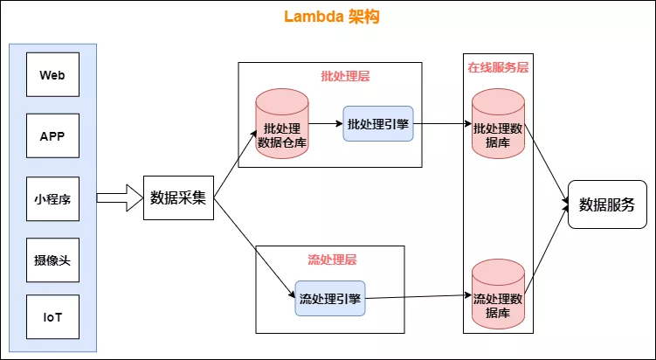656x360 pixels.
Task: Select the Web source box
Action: pyautogui.click(x=52, y=75)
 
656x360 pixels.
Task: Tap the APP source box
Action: pyautogui.click(x=52, y=137)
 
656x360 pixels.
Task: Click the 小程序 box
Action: pyautogui.click(x=52, y=199)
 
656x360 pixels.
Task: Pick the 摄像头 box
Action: pyautogui.click(x=52, y=260)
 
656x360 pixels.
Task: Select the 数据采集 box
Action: pyautogui.click(x=178, y=197)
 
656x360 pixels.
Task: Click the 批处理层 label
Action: pyautogui.click(x=345, y=76)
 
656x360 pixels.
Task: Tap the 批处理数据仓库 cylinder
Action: pyautogui.click(x=281, y=127)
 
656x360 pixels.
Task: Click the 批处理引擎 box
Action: pyautogui.click(x=377, y=124)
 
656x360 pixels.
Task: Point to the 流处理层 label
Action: pyautogui.click(x=332, y=260)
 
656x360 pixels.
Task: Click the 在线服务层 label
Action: pyautogui.click(x=498, y=67)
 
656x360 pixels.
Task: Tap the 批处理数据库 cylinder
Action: pyautogui.click(x=498, y=127)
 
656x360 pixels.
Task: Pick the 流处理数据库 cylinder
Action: pyautogui.click(x=498, y=295)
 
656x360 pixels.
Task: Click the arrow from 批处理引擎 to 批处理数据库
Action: pyautogui.click(x=441, y=124)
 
